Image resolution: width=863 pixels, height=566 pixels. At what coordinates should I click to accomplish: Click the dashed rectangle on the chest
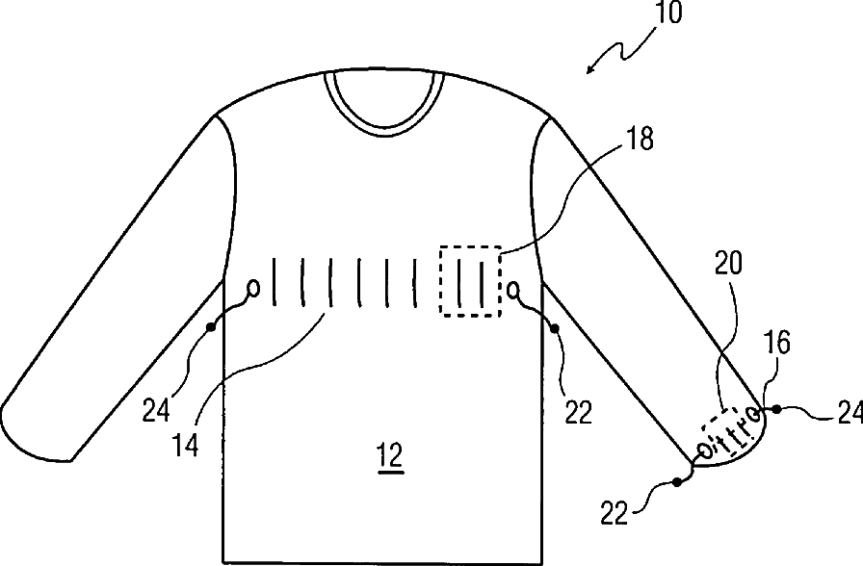click(x=470, y=281)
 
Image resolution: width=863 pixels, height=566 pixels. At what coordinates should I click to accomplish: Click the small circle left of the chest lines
click(x=253, y=287)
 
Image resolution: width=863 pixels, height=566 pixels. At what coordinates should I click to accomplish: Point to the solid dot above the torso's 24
click(x=210, y=328)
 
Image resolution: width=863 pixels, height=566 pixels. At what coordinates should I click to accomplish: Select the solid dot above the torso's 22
click(x=555, y=329)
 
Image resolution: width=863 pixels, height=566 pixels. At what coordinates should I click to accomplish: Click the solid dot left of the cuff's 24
click(x=777, y=410)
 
